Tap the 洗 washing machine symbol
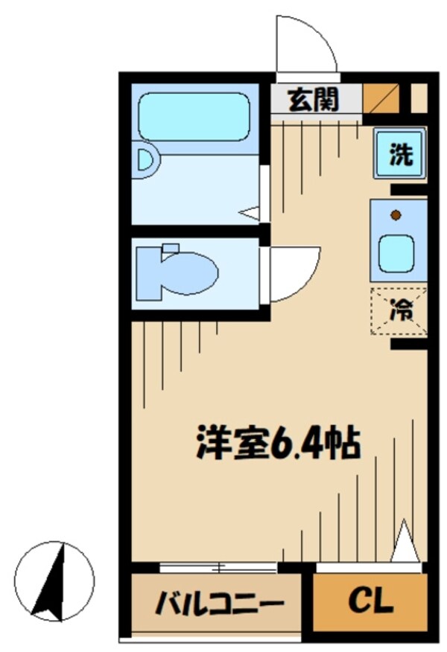[x=400, y=154]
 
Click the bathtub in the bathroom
[x=194, y=116]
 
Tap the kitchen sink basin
[x=396, y=253]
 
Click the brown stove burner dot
[x=396, y=216]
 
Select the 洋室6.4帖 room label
[x=278, y=444]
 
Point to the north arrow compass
[x=54, y=581]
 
